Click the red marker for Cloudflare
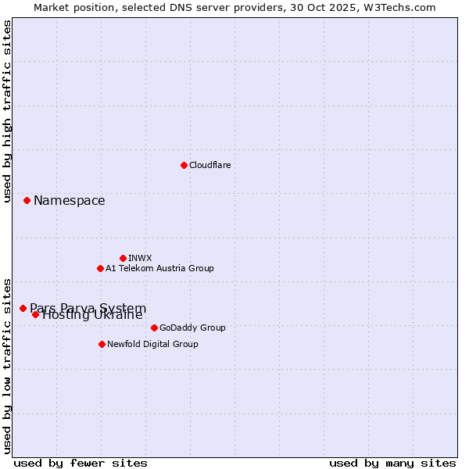(x=184, y=165)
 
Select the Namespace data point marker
(x=27, y=201)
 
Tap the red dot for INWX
(x=123, y=258)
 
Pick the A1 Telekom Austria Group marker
(x=100, y=268)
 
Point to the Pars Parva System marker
(x=23, y=308)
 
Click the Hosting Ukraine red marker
(x=35, y=314)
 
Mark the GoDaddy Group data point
(x=154, y=328)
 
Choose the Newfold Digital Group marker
(x=102, y=344)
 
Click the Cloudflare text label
(x=210, y=165)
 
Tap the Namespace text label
(x=69, y=201)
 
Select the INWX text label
(x=140, y=258)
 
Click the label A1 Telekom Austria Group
(x=159, y=268)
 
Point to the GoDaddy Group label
(x=192, y=328)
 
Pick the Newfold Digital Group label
(x=152, y=344)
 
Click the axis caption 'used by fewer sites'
(x=81, y=463)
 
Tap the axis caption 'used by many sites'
(x=392, y=463)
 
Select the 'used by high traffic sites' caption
(x=8, y=111)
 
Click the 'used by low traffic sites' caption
(x=8, y=365)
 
